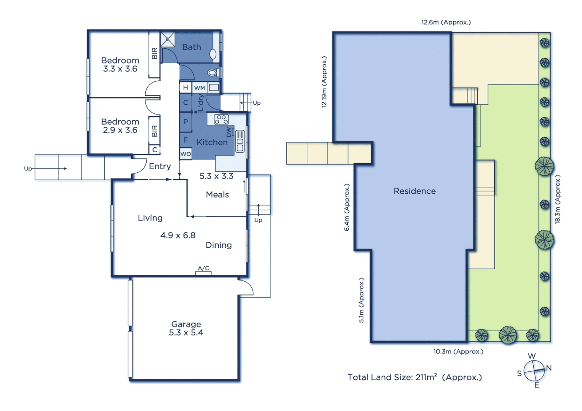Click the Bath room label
(191, 47)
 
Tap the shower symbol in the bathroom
(168, 39)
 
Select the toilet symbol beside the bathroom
(212, 72)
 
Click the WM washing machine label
(200, 88)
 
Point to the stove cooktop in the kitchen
(221, 119)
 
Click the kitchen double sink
(240, 141)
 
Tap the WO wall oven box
(185, 154)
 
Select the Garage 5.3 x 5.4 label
(186, 328)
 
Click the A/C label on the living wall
(203, 268)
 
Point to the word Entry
(160, 166)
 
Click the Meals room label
(217, 194)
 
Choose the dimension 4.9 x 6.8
(177, 235)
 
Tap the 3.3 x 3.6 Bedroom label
(120, 65)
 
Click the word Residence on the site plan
(414, 191)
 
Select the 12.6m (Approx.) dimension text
(446, 22)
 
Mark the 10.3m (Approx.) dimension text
(458, 351)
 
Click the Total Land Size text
(414, 377)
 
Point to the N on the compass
(548, 368)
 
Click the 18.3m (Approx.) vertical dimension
(557, 199)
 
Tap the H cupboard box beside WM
(185, 88)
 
